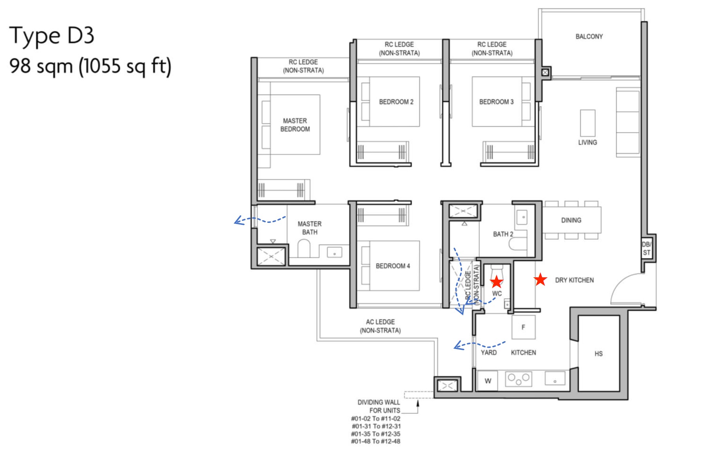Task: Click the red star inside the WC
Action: click(x=496, y=281)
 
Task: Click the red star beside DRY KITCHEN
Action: click(x=540, y=279)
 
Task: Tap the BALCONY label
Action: click(x=589, y=36)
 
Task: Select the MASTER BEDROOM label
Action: click(x=295, y=125)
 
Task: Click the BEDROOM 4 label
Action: click(x=393, y=266)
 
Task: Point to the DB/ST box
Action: click(x=646, y=248)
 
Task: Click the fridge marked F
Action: click(x=523, y=327)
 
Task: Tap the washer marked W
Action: click(x=488, y=381)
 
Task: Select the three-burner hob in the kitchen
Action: click(x=518, y=379)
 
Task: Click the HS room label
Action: click(x=598, y=354)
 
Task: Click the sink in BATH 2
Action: click(x=523, y=217)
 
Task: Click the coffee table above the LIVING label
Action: click(x=587, y=123)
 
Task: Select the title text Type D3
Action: click(x=51, y=36)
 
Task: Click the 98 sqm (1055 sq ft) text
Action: click(x=90, y=66)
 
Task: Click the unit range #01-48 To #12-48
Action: click(x=375, y=441)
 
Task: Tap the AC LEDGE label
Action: click(x=380, y=326)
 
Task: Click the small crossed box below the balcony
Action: click(x=545, y=72)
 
